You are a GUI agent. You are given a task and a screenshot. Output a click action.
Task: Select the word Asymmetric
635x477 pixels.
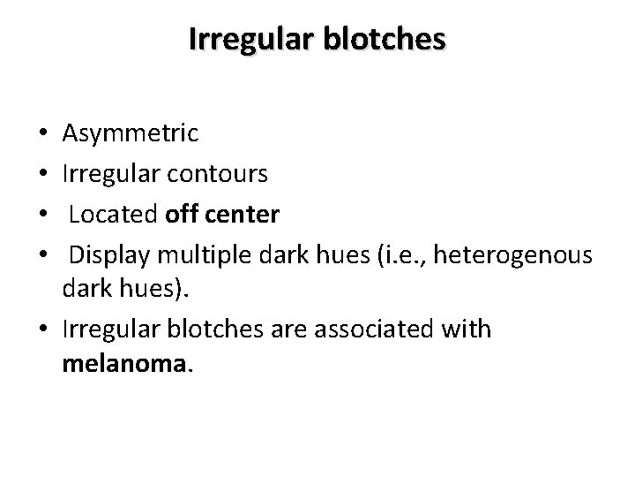coord(131,134)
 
